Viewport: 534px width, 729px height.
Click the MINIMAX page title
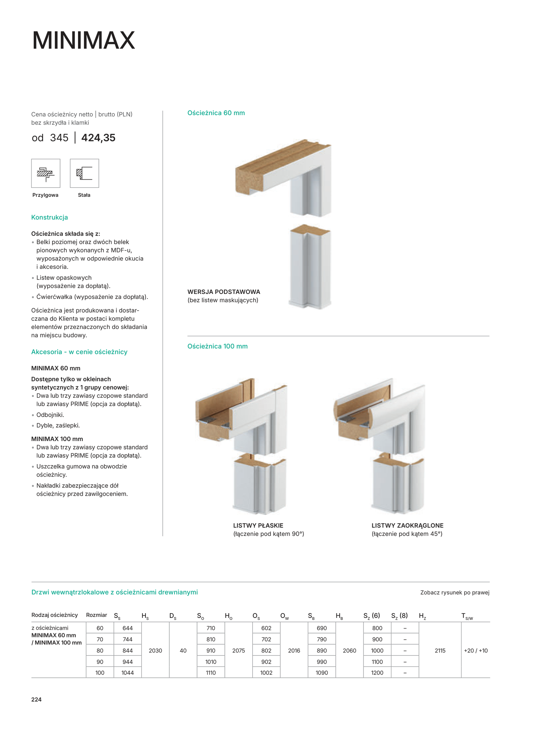83,40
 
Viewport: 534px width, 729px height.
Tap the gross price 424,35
98,137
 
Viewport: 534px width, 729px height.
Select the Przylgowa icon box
46,173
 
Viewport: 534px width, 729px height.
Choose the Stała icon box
84,173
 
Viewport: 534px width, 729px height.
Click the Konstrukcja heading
49,217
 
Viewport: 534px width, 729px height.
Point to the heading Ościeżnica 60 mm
216,113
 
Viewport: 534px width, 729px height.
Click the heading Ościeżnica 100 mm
217,346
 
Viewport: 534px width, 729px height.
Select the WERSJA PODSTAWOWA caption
224,292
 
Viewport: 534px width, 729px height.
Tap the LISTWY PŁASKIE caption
258,525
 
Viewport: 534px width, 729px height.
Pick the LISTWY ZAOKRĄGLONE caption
407,525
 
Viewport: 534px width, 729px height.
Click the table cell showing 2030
155,650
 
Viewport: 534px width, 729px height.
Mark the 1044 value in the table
127,673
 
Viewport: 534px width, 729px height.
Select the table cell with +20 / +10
476,650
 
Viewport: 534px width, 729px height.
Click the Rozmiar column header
96,615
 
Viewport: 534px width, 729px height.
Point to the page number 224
36,699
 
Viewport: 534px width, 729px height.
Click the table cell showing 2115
440,650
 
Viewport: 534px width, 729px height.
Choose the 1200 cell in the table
377,673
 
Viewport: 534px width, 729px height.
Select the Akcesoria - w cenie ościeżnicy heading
79,352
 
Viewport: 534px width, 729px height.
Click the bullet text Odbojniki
50,415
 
